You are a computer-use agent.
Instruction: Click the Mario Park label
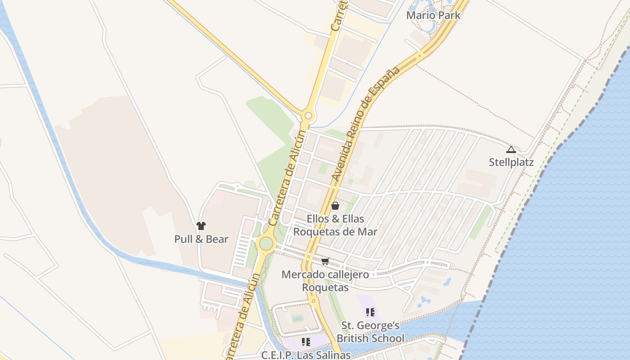[x=433, y=15]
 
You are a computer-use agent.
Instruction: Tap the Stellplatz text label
[x=511, y=162]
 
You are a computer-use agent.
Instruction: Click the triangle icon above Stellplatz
[x=511, y=149]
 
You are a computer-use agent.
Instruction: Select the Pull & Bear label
[x=201, y=239]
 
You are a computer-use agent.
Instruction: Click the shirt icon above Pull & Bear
[x=201, y=226]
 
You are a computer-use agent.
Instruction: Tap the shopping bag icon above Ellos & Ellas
[x=335, y=206]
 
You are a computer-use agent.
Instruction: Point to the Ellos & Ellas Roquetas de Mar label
[x=335, y=225]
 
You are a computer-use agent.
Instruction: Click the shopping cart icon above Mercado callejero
[x=325, y=261]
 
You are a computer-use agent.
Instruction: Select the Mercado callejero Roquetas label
[x=325, y=281]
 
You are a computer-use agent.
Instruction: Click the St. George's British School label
[x=370, y=332]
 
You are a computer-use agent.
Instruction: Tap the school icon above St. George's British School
[x=370, y=312]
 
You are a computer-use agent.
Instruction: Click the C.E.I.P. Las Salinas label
[x=306, y=355]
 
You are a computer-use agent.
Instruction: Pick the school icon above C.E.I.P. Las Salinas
[x=306, y=342]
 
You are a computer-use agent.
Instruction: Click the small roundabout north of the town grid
[x=308, y=116]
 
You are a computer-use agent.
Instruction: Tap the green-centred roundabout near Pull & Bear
[x=266, y=243]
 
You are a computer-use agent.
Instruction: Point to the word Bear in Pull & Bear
[x=217, y=239]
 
